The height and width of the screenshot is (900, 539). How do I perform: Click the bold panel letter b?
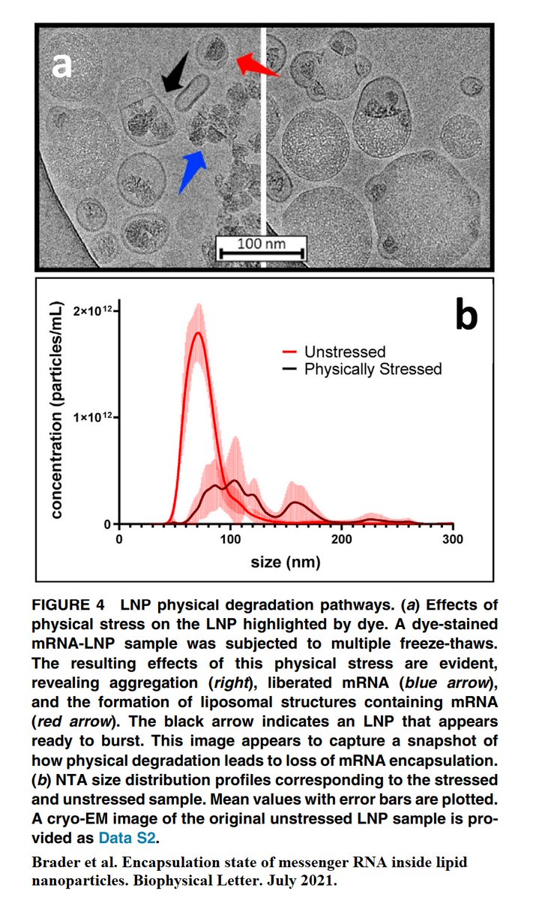tap(465, 316)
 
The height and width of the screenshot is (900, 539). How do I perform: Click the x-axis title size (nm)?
tap(286, 561)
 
